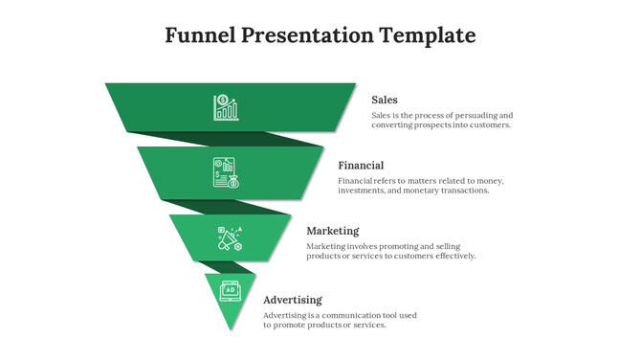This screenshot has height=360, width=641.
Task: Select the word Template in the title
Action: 428,36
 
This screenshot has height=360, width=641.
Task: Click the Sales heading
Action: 385,100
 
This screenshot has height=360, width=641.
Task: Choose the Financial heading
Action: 361,166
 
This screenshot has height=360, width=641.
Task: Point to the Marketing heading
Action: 333,231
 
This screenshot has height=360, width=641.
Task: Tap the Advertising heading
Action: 293,300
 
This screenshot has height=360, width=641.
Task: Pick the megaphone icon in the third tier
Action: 230,237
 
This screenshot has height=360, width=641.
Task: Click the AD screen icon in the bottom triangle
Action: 230,289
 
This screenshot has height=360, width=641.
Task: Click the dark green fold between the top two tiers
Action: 230,138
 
